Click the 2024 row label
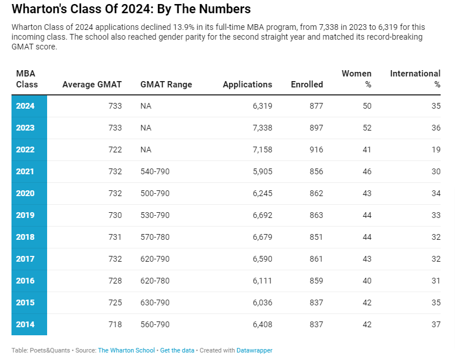tap(25, 106)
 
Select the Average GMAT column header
tap(92, 85)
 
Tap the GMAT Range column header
tap(166, 85)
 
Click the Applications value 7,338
tap(263, 128)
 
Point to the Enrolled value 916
tap(317, 150)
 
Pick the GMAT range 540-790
tap(155, 171)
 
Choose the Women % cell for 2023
tap(367, 128)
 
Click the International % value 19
tap(436, 150)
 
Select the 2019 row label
tap(25, 215)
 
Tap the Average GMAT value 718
tap(115, 324)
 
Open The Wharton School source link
tap(126, 350)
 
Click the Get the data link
tap(177, 350)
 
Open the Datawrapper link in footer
tap(255, 350)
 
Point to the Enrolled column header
tap(307, 85)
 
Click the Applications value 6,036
tap(263, 302)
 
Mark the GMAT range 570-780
tap(155, 237)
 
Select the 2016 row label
tap(25, 281)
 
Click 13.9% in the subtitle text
tap(184, 27)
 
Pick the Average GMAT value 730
tap(115, 215)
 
